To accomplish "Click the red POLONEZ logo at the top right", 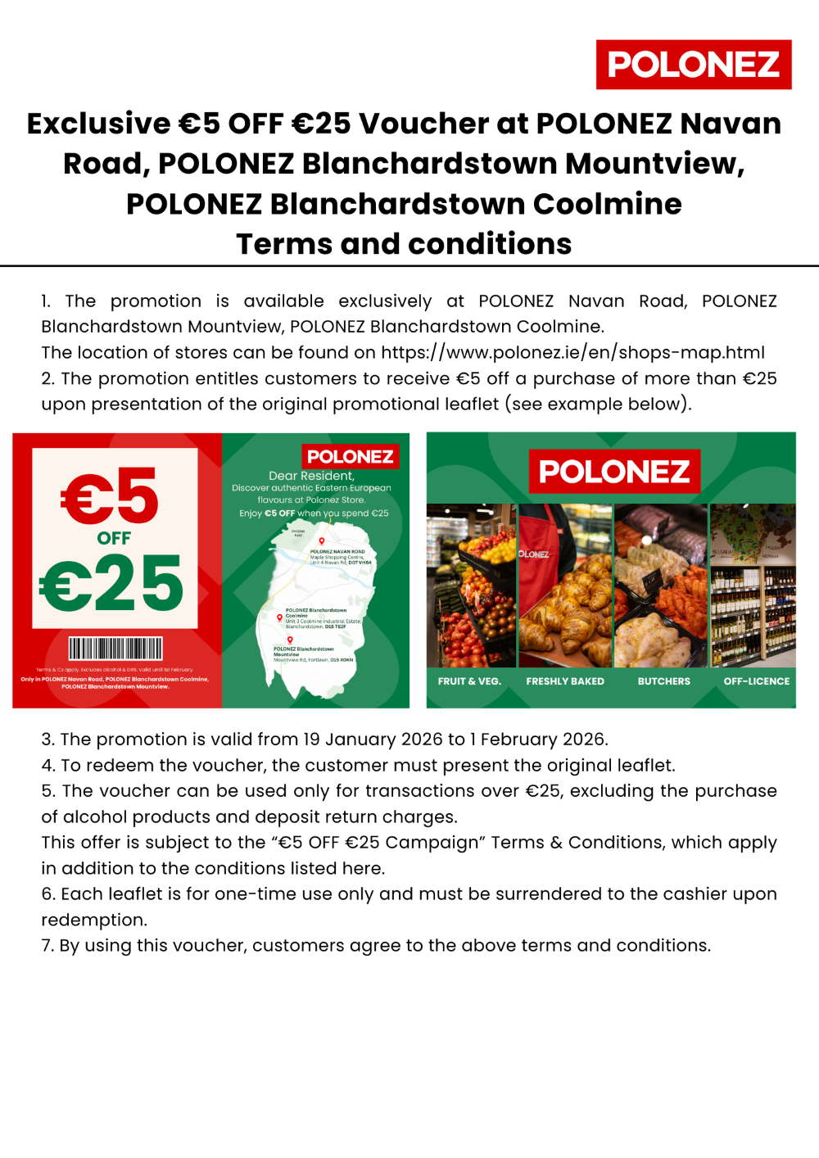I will click(694, 65).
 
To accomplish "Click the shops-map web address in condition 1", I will click(572, 353).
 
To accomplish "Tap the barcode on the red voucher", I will click(115, 649).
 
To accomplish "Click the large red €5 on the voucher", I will click(110, 496).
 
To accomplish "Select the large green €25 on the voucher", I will click(112, 583).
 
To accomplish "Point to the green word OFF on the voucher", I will click(114, 538).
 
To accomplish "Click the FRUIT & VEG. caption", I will click(469, 681).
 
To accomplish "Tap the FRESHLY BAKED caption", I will click(565, 681).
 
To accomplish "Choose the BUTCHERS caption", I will click(663, 681).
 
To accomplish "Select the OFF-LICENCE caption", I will click(756, 681).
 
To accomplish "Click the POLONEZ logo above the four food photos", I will click(614, 472).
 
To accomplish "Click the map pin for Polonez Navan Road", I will click(322, 541).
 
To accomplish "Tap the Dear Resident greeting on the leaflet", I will click(311, 476).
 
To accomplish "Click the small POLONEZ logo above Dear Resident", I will click(350, 456).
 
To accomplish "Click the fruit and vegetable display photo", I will click(471, 586).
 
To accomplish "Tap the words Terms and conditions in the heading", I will click(404, 244).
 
